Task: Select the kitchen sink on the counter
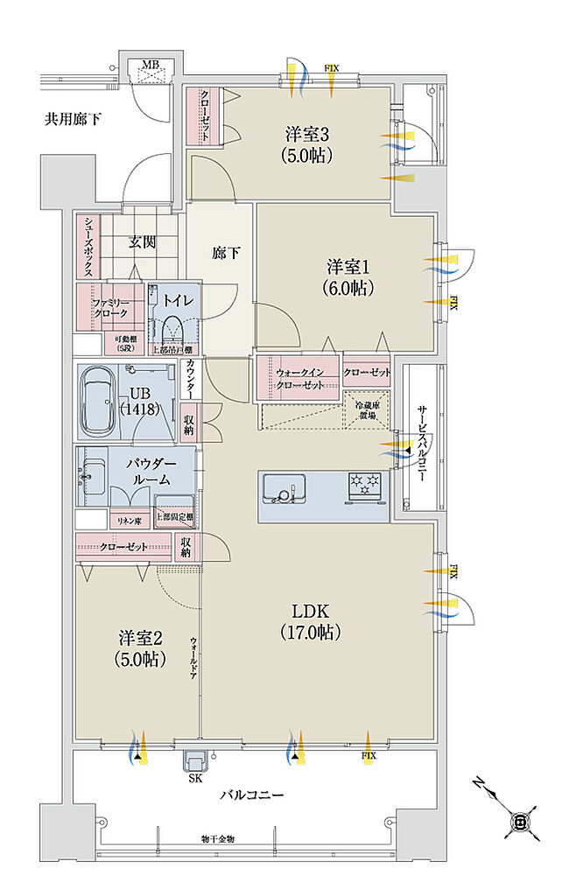click(285, 486)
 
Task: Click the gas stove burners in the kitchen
click(364, 483)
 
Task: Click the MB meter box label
click(151, 64)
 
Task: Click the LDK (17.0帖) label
click(310, 619)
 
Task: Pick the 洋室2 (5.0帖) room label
click(130, 648)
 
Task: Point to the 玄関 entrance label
click(143, 241)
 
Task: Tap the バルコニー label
click(251, 795)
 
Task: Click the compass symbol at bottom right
click(519, 821)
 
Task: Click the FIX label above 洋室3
click(333, 67)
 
